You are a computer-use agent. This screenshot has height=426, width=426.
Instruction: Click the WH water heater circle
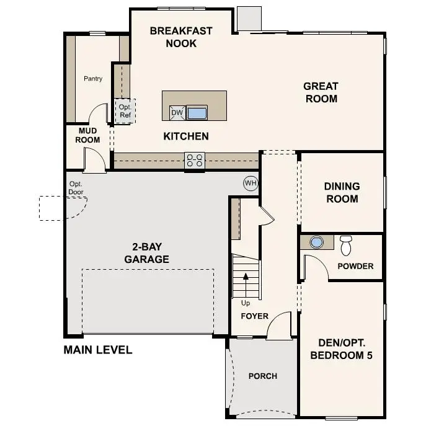tap(251, 183)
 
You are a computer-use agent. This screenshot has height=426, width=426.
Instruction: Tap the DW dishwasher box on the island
tap(177, 113)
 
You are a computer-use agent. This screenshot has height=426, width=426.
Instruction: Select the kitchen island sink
tap(197, 113)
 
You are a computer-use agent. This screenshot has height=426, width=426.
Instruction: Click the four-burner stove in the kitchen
tap(194, 161)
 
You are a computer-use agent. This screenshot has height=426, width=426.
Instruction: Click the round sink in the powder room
tap(317, 242)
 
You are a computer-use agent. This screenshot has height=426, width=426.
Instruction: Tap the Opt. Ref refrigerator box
tap(125, 112)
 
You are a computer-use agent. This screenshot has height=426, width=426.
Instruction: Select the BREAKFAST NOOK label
tap(181, 37)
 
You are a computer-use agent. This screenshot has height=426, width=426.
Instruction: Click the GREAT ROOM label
tap(321, 92)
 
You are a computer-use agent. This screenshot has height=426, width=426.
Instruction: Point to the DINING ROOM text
tap(342, 193)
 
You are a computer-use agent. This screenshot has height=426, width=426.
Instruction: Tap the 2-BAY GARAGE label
tap(146, 253)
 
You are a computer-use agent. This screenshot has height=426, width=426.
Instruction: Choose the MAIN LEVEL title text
tap(98, 350)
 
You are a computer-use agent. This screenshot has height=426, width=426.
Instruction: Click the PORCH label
tap(262, 376)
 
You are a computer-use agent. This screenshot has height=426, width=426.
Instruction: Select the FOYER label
tap(254, 316)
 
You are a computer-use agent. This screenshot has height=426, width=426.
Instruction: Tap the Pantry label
tap(93, 79)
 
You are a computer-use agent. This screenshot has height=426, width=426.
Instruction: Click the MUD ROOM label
tap(88, 135)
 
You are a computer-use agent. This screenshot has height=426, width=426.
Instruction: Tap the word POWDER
tap(355, 266)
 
